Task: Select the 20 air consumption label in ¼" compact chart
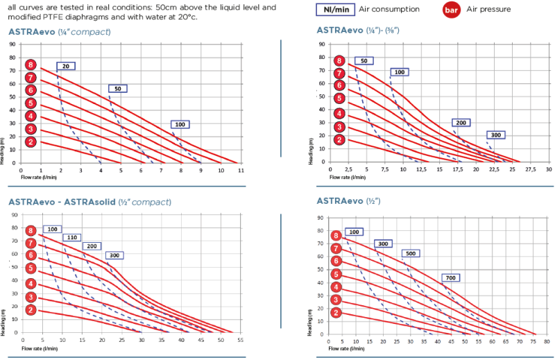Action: (65, 66)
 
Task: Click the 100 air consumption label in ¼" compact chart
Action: (180, 125)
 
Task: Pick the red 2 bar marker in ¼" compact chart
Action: (30, 142)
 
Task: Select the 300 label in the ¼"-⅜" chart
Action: (495, 135)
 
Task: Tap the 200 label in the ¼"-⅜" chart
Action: (462, 122)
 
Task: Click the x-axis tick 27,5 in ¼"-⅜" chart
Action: (529, 169)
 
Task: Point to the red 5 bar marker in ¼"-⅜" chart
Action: (339, 98)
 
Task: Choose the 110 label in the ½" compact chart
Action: (71, 237)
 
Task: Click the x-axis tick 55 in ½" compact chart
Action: (240, 341)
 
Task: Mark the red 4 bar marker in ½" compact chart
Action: (31, 283)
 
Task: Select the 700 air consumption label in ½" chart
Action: (450, 277)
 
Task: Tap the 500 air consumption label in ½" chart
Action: (411, 254)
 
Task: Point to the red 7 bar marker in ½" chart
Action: (336, 248)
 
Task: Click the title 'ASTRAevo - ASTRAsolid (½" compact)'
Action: (89, 202)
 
